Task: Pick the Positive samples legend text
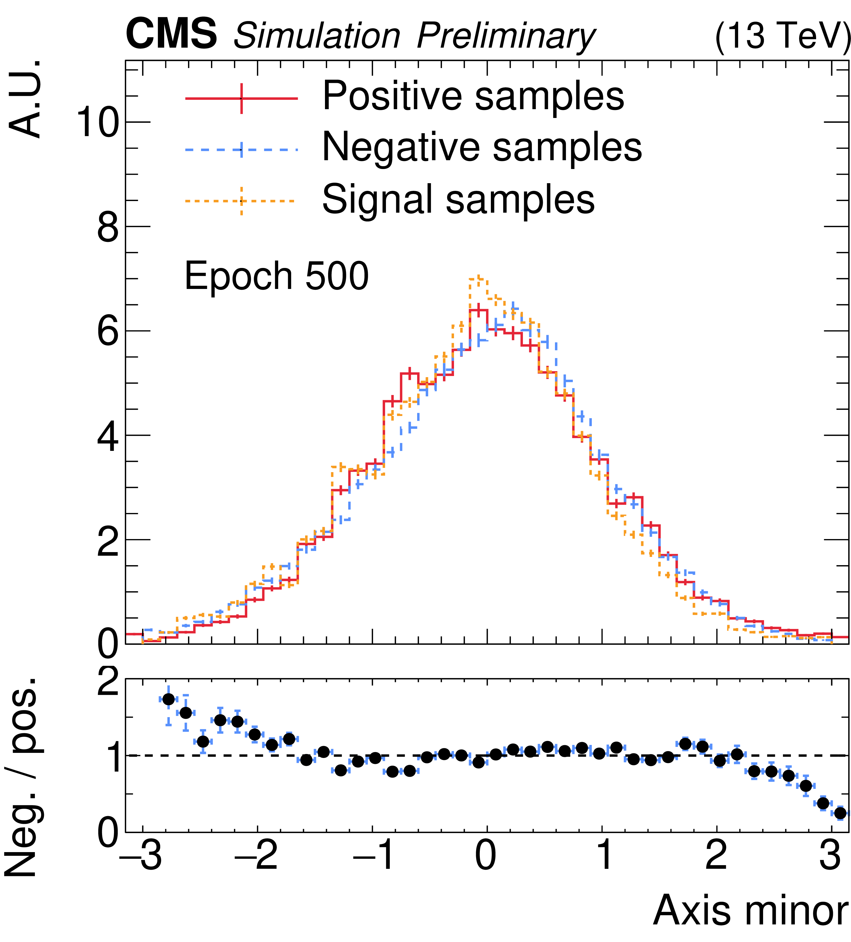click(473, 96)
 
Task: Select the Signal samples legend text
click(458, 200)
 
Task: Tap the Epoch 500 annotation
click(277, 276)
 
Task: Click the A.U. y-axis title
click(26, 99)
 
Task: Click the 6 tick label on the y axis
click(107, 331)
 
